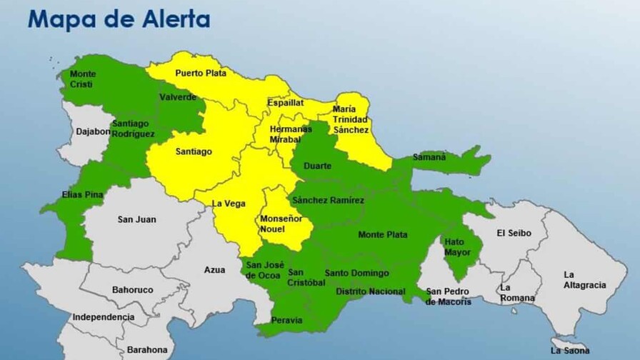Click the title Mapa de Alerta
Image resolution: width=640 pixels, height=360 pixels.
119,19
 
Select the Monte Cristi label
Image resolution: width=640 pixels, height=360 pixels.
83,79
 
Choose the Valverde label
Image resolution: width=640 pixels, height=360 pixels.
178,97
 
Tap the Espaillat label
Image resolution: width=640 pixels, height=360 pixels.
286,103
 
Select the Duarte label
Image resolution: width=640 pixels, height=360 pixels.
317,166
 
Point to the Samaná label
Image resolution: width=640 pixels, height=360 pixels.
429,157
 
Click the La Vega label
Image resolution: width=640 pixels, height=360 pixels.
228,204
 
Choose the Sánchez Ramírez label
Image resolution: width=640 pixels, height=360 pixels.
328,201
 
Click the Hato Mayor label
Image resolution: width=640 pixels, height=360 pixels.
454,247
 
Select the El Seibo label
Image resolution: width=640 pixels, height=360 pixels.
511,233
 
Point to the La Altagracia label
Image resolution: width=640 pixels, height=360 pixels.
584,280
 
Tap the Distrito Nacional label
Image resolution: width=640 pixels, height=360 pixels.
370,291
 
